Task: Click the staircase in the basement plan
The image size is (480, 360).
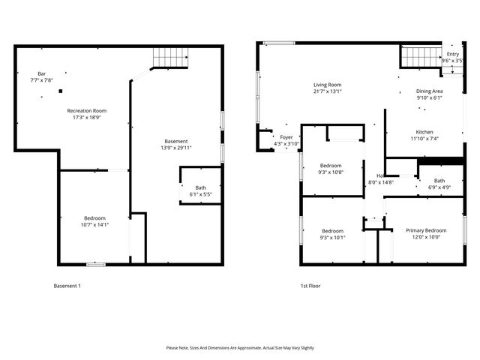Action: coord(169,56)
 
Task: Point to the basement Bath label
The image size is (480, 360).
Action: coord(200,188)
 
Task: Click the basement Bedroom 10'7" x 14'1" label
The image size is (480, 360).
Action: coord(94,218)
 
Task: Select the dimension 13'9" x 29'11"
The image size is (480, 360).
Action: coord(176,148)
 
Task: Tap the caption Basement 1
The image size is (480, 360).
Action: coord(67,286)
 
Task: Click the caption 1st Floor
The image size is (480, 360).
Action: coord(310,286)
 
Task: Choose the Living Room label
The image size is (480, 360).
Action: coord(328,85)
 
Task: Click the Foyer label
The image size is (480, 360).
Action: coord(286,137)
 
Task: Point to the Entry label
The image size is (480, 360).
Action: coord(452,54)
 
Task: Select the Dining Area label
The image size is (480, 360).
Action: coord(429,91)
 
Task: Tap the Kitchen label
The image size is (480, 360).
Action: coord(424,131)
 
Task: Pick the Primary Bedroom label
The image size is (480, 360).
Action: coord(425,230)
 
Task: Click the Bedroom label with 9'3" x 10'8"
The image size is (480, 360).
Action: coord(331,165)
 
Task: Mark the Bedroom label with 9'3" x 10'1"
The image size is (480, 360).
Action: coord(333,230)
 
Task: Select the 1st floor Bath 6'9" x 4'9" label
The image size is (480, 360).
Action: coord(439,181)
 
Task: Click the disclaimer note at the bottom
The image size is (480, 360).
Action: coord(240,348)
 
